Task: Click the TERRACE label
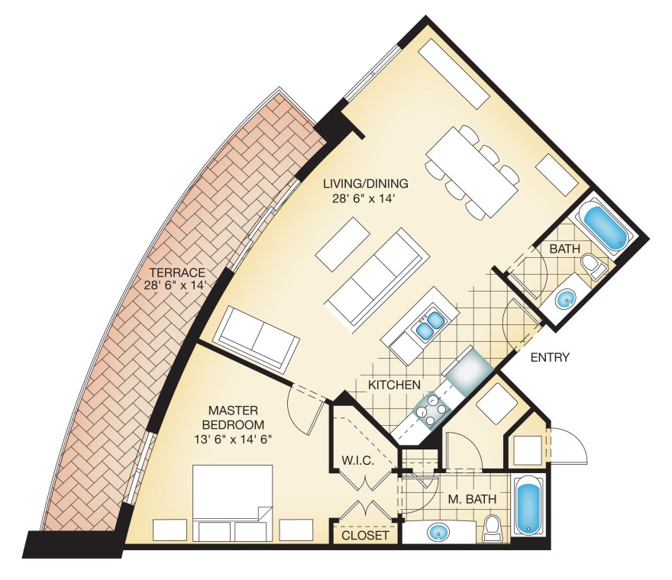tap(177, 272)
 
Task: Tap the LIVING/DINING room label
tap(365, 184)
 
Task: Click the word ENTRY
tap(550, 357)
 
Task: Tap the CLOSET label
tap(365, 536)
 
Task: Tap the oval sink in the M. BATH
tap(437, 531)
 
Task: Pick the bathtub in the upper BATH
tap(604, 224)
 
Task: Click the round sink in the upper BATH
tap(566, 298)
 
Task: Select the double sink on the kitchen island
tap(426, 324)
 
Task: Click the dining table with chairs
tap(472, 172)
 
